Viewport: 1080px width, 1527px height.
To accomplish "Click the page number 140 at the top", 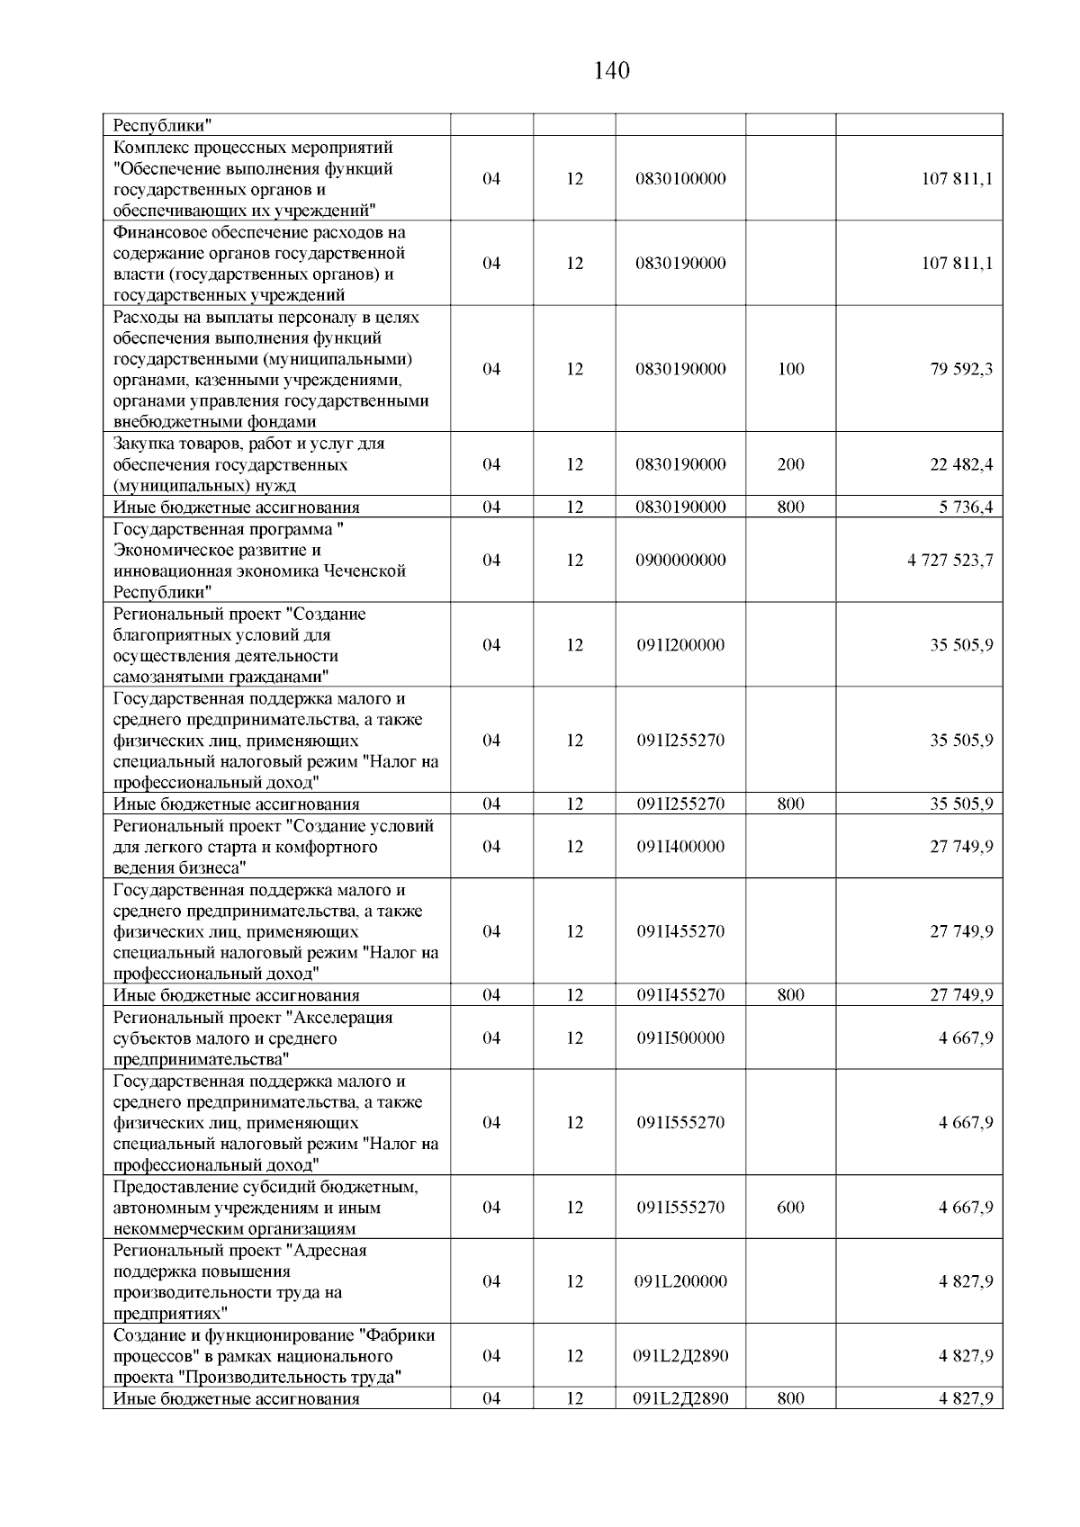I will pos(612,71).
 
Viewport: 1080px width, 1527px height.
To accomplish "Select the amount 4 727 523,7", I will pos(950,561).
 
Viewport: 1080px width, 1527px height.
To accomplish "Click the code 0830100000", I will pos(680,179).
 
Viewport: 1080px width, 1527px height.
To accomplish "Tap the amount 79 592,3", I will pos(961,369).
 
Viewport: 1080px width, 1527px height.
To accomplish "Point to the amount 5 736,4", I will pos(966,508).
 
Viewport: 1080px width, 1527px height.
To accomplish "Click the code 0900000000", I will pos(680,561).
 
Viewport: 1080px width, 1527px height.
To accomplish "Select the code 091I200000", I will pos(680,645).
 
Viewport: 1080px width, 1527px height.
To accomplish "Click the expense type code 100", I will pos(790,369).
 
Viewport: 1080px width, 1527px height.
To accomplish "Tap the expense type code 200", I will pos(790,465).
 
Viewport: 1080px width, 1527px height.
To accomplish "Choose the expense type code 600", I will pos(790,1208).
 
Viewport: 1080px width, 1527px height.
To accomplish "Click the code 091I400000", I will pos(680,847).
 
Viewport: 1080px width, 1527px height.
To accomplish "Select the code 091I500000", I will pos(680,1038).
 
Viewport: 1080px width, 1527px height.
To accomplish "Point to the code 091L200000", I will pos(680,1281).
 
